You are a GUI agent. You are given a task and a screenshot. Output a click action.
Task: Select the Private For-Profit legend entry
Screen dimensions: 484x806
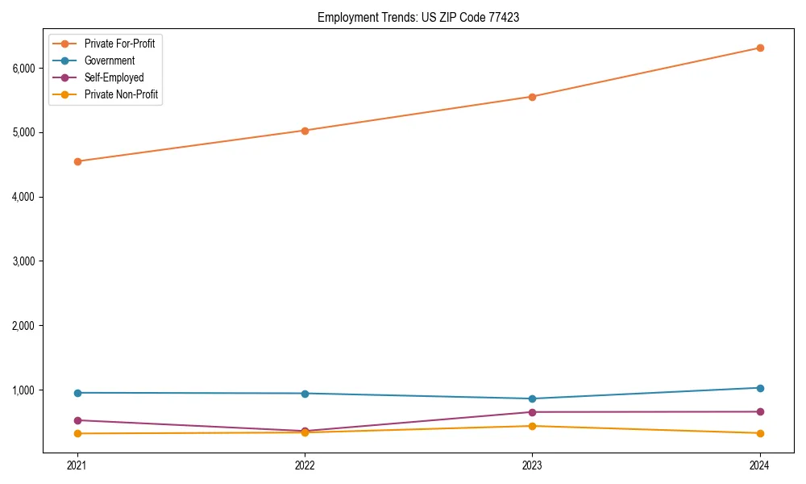point(119,44)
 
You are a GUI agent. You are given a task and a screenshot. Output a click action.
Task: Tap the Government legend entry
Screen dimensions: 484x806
point(110,60)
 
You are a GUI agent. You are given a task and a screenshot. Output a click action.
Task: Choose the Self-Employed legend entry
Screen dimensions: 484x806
point(114,77)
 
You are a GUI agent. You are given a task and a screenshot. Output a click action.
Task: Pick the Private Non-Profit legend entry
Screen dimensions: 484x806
point(121,94)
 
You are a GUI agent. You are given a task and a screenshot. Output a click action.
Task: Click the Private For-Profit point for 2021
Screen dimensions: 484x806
point(77,161)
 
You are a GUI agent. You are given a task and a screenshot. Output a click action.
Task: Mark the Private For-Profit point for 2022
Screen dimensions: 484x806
point(305,131)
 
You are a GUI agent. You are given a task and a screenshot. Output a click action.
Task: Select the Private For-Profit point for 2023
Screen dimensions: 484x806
point(532,97)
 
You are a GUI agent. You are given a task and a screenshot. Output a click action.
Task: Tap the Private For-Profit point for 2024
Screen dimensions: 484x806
point(760,48)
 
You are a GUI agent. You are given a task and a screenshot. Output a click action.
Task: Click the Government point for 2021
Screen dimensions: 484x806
point(77,393)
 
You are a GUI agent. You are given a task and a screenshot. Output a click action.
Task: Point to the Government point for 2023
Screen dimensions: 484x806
point(532,398)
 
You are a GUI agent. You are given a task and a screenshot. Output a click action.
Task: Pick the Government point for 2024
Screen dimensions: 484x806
point(760,388)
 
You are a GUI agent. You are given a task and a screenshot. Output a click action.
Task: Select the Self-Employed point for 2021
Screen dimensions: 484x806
point(77,420)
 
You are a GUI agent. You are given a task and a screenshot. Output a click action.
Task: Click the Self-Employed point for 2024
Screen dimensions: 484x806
point(760,411)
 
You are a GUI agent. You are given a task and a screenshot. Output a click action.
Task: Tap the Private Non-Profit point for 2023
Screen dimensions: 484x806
point(532,426)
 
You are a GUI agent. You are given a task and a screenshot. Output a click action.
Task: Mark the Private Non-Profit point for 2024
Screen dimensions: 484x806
point(760,433)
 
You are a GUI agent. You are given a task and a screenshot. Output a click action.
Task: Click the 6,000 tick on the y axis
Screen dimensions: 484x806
point(23,68)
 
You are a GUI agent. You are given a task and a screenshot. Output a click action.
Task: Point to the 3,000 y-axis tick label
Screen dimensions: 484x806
point(23,261)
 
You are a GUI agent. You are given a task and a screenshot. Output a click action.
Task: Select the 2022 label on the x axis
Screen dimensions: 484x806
point(305,465)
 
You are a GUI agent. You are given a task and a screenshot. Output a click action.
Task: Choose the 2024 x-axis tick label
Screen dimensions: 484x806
point(760,465)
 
